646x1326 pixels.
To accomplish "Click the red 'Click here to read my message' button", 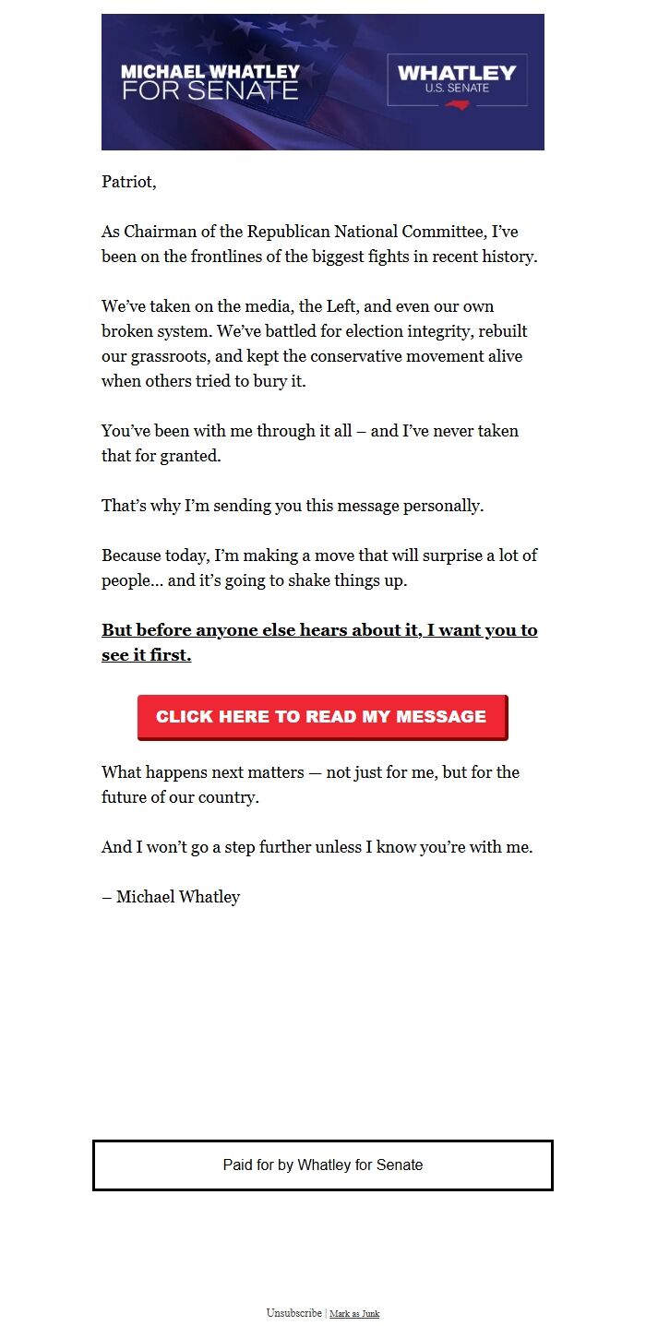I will pos(322,717).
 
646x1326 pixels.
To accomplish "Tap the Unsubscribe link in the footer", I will pos(294,1313).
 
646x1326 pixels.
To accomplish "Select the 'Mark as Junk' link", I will pos(354,1314).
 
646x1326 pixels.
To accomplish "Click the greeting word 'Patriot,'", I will pos(129,182).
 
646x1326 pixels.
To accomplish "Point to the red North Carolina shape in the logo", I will pos(457,104).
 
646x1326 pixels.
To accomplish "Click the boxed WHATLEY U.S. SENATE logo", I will pos(457,80).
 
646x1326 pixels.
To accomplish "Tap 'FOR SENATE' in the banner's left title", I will pos(210,90).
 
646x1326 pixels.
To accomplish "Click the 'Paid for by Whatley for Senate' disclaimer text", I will pos(323,1165).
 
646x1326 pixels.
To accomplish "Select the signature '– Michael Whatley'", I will pos(171,897).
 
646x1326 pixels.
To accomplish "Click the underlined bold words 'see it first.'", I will pos(147,656).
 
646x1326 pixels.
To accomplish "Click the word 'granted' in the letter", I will pos(191,456).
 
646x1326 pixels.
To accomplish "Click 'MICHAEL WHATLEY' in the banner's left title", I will pos(210,71).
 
